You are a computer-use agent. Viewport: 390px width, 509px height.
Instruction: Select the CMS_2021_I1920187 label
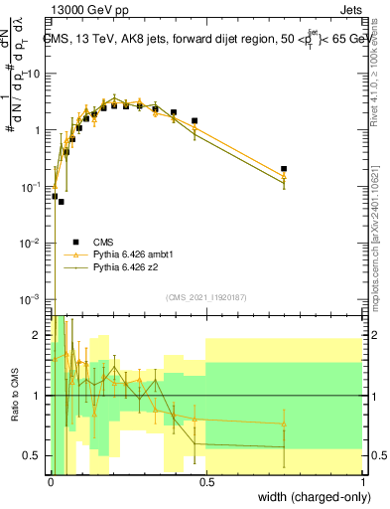[x=206, y=297]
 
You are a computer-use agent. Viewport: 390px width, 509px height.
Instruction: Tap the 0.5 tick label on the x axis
[x=206, y=481]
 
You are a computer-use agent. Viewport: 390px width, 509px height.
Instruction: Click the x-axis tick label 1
[x=363, y=481]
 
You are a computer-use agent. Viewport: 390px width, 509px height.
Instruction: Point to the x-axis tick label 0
[x=50, y=481]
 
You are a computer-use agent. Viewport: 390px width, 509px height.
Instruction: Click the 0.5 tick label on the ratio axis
[x=34, y=455]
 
